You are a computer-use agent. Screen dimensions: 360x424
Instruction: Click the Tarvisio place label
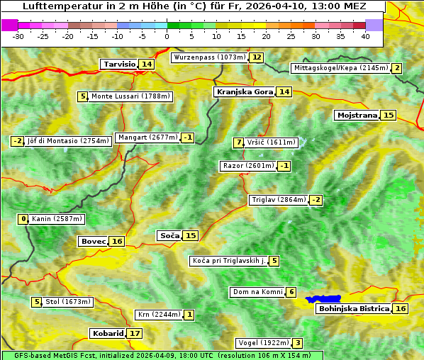pyautogui.click(x=119, y=64)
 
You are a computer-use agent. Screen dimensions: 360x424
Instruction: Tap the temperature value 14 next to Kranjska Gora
pyautogui.click(x=284, y=91)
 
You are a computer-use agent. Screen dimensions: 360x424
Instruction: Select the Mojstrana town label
pyautogui.click(x=357, y=115)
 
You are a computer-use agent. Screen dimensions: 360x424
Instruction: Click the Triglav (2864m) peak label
pyautogui.click(x=279, y=200)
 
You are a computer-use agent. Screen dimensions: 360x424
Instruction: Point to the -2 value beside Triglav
pyautogui.click(x=316, y=200)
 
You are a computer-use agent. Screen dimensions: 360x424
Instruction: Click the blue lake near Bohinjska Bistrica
pyautogui.click(x=323, y=300)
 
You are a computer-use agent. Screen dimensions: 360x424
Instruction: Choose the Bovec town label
pyautogui.click(x=93, y=241)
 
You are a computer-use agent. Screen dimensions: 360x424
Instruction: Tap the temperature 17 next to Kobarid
pyautogui.click(x=135, y=333)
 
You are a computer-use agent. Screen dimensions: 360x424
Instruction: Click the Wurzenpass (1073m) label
pyautogui.click(x=210, y=57)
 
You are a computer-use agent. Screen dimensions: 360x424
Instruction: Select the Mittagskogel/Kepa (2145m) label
pyautogui.click(x=340, y=68)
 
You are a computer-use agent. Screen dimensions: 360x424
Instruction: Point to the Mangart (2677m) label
pyautogui.click(x=147, y=137)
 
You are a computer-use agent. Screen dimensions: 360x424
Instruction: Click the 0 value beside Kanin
pyautogui.click(x=23, y=219)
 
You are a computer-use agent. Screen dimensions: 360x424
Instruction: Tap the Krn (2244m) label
pyautogui.click(x=159, y=315)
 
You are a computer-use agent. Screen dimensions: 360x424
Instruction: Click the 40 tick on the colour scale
pyautogui.click(x=365, y=35)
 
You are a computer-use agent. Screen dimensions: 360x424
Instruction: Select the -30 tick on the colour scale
pyautogui.click(x=18, y=35)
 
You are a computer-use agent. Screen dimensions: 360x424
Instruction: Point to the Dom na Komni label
pyautogui.click(x=257, y=292)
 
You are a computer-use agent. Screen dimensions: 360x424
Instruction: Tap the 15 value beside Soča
pyautogui.click(x=191, y=235)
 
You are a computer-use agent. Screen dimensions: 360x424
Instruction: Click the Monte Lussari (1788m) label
pyautogui.click(x=130, y=96)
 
